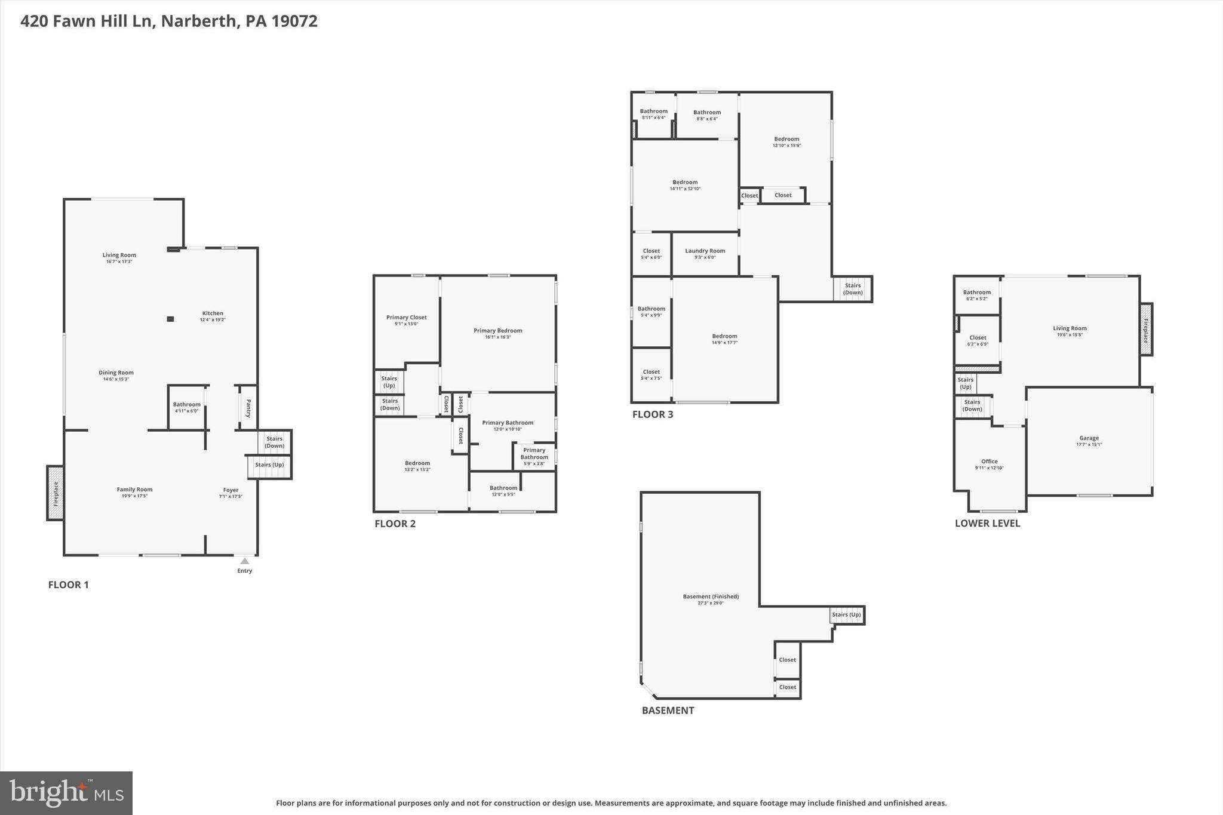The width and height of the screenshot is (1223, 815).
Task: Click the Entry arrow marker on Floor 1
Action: [x=244, y=561]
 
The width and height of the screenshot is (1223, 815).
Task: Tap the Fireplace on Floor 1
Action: [x=56, y=493]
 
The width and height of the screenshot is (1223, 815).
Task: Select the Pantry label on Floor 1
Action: [x=248, y=408]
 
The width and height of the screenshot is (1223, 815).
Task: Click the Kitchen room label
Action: [x=213, y=313]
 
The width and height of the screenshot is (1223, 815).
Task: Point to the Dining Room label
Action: [x=116, y=373]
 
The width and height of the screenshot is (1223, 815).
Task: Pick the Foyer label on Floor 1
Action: [x=231, y=490]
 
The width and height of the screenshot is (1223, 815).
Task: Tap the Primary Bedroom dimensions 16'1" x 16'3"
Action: [x=497, y=337]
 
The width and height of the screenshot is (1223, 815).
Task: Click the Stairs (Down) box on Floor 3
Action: [x=853, y=289]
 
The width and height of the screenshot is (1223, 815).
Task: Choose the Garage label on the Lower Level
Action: [x=1089, y=438]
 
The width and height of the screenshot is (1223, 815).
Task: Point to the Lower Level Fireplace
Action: [x=1145, y=330]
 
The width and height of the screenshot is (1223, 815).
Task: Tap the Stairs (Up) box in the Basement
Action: [x=846, y=615]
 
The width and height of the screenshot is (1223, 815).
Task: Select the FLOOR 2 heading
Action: [x=395, y=524]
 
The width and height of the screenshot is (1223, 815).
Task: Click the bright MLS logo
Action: [x=66, y=793]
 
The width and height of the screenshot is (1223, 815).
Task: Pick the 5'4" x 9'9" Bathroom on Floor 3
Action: [x=651, y=312]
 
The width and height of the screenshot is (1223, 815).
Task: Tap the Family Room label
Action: [x=134, y=490]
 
